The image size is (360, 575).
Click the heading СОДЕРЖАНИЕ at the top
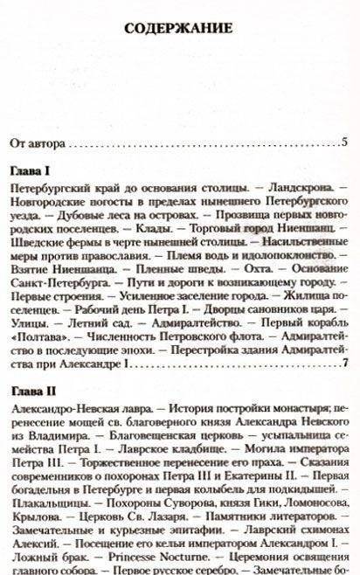pos(180,29)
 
